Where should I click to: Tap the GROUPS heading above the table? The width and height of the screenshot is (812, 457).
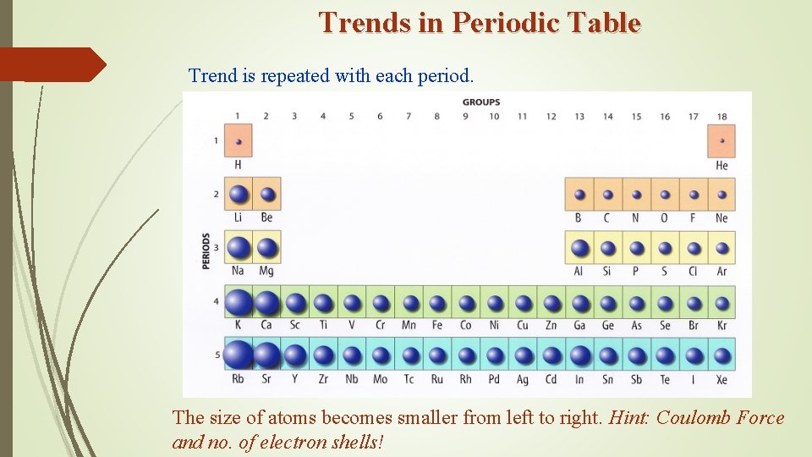(x=480, y=102)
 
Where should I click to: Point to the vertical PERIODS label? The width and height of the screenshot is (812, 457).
(x=206, y=251)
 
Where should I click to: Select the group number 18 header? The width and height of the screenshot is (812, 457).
(x=721, y=116)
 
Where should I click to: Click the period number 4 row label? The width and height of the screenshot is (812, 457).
(x=217, y=302)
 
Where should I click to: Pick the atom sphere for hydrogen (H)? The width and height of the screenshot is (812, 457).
(x=239, y=141)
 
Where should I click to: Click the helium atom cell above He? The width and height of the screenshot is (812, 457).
(x=721, y=141)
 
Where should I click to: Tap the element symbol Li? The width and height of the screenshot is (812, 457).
(x=239, y=217)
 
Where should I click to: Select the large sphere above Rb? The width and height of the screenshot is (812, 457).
(x=239, y=355)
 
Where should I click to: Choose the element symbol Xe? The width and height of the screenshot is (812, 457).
(x=721, y=380)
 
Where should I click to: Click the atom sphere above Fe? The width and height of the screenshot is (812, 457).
(x=437, y=303)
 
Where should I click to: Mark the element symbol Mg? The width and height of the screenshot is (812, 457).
(x=266, y=271)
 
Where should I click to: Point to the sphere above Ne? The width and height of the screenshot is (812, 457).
(x=721, y=195)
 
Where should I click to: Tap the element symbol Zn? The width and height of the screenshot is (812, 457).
(x=551, y=326)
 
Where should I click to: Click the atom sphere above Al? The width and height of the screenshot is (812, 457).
(x=579, y=248)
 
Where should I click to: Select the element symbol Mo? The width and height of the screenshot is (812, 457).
(x=381, y=380)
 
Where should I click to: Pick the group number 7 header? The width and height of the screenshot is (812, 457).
(x=409, y=116)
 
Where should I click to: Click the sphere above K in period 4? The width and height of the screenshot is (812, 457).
(x=239, y=303)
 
